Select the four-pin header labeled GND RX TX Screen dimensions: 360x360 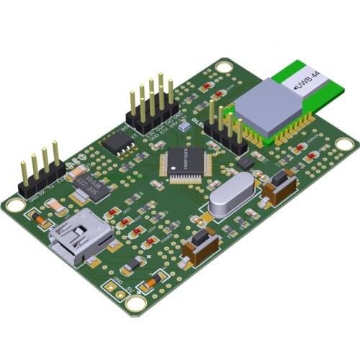click(42, 173)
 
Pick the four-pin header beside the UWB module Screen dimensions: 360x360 click(225, 130)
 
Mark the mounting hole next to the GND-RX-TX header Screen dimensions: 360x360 click(15, 204)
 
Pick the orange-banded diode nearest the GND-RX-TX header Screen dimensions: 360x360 click(36, 218)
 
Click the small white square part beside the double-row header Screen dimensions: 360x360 click(184, 126)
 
